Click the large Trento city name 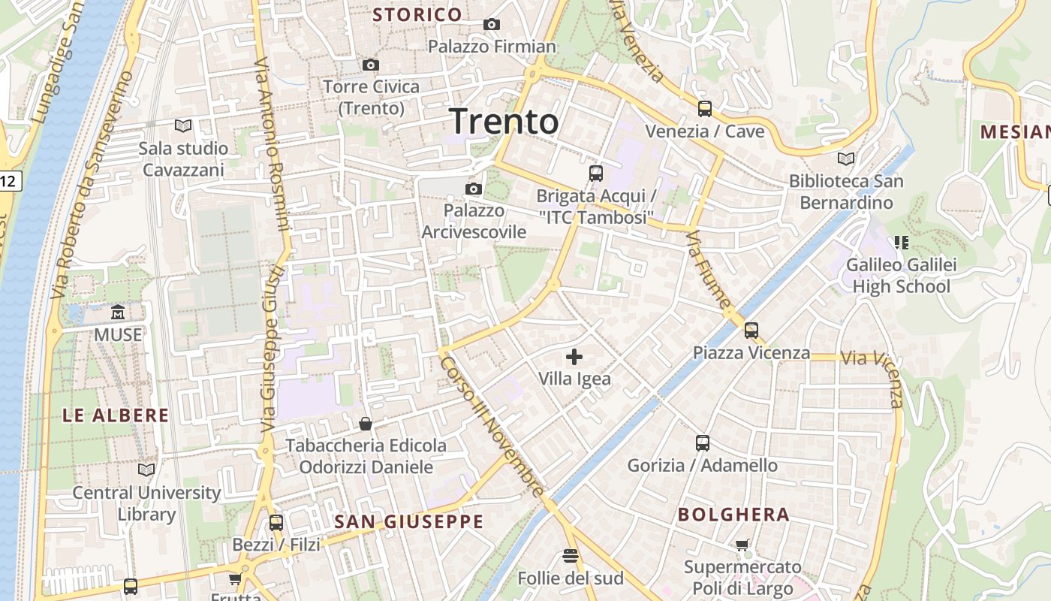coord(504,121)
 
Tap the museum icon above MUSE coord(118,312)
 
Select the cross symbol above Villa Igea coord(574,357)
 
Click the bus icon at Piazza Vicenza coord(751,330)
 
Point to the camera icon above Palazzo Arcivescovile coord(473,189)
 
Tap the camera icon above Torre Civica coord(370,65)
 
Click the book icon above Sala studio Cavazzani coord(183,125)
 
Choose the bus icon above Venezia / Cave coord(704,109)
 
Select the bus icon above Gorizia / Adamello coord(703,443)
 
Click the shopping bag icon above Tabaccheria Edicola coord(366,424)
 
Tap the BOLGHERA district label coord(733,515)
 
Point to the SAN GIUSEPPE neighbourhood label coord(408,521)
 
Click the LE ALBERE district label coord(116,415)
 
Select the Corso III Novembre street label coord(492,425)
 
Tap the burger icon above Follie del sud coord(571,556)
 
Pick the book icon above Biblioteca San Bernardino coord(846,159)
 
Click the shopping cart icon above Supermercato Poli coord(742,545)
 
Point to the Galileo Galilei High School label coord(901,276)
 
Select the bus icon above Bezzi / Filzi coord(276,523)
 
